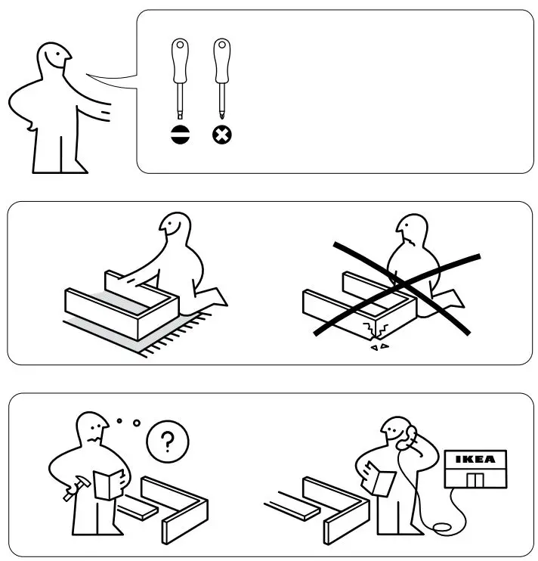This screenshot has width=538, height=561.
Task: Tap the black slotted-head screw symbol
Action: coord(181,135)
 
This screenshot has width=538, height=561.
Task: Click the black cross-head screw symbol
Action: coord(222,135)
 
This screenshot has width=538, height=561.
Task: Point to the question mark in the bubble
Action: coord(166,440)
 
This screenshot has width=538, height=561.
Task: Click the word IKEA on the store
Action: coord(475,458)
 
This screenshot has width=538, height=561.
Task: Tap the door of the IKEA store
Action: coord(475,481)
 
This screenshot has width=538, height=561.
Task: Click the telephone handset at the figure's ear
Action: coord(412,437)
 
